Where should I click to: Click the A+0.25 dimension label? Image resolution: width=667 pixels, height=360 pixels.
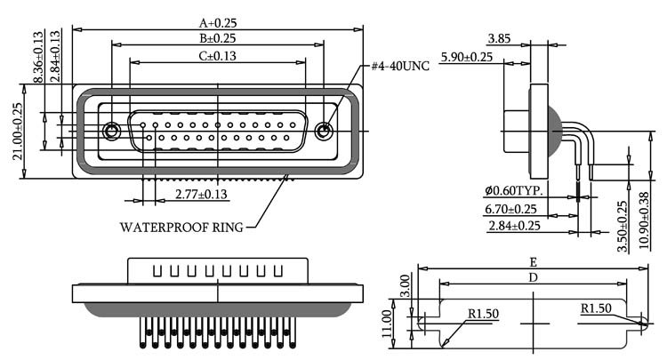[x=218, y=23]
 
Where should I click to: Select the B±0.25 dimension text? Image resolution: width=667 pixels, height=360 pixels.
[x=218, y=38]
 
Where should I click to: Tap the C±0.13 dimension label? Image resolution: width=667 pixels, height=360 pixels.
[x=218, y=56]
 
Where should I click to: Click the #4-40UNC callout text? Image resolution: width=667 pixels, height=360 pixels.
[x=400, y=66]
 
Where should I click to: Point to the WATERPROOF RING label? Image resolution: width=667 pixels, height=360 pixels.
[x=181, y=228]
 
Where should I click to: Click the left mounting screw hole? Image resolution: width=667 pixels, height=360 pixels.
[x=111, y=131]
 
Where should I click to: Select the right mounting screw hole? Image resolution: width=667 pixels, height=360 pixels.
[x=324, y=131]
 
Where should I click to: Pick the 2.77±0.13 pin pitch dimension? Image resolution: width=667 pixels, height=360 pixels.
[x=201, y=195]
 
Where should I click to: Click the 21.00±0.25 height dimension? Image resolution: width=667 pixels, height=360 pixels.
[x=18, y=132]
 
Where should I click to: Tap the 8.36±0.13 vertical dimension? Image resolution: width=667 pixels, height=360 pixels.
[x=38, y=57]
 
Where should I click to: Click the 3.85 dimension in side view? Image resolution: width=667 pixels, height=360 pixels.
[x=499, y=39]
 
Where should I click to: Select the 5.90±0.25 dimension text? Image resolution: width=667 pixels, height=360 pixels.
[x=467, y=57]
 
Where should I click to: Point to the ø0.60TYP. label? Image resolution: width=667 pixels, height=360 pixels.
[x=514, y=190]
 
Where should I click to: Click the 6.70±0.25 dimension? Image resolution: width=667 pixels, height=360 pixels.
[x=510, y=209]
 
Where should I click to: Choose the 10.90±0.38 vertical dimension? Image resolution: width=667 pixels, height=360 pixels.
[x=645, y=220]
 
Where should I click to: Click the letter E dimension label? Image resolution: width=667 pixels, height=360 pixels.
[x=533, y=262]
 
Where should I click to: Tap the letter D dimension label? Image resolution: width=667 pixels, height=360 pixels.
[x=533, y=277]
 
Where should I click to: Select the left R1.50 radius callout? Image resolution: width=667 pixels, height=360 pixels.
[x=483, y=314]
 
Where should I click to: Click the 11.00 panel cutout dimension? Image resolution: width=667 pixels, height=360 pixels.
[x=387, y=324]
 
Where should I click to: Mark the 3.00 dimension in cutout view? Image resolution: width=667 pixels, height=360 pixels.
[x=406, y=286]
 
